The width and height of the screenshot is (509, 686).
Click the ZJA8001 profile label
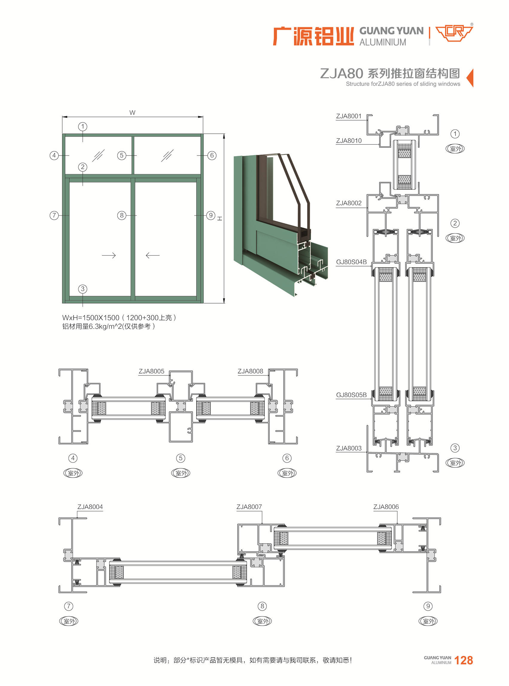pos(348,116)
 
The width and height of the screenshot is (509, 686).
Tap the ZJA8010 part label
pos(348,141)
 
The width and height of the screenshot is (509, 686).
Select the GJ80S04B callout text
pos(351,262)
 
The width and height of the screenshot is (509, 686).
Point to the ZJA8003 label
pos(348,448)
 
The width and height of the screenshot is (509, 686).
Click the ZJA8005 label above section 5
pos(151,371)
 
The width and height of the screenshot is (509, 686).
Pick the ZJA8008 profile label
pos(250,371)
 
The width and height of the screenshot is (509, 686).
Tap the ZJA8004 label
pos(90,507)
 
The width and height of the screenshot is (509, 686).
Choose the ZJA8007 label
pos(249,507)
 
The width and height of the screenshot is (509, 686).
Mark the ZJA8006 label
pos(386,507)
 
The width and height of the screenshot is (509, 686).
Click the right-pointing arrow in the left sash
pos(109,255)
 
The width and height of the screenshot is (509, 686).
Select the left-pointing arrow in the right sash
pos(153,255)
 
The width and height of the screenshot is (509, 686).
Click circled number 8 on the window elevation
pos(122,215)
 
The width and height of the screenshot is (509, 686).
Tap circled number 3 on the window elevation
pos(83,289)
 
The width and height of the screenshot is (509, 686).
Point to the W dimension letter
pos(132,113)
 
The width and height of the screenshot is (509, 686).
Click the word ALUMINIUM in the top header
pos(383,42)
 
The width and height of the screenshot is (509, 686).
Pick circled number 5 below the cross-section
pos(181,458)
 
